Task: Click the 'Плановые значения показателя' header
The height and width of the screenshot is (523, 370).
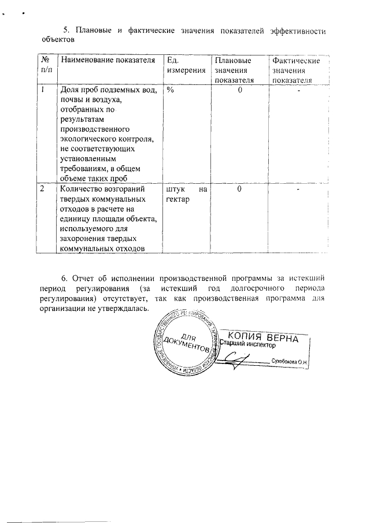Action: pyautogui.click(x=239, y=70)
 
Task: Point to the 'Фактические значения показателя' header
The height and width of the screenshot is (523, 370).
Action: pyautogui.click(x=297, y=70)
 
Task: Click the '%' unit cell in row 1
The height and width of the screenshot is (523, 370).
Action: pyautogui.click(x=169, y=90)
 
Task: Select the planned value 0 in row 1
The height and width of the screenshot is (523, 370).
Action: pyautogui.click(x=239, y=90)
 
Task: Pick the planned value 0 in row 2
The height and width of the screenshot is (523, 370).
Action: pyautogui.click(x=239, y=189)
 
